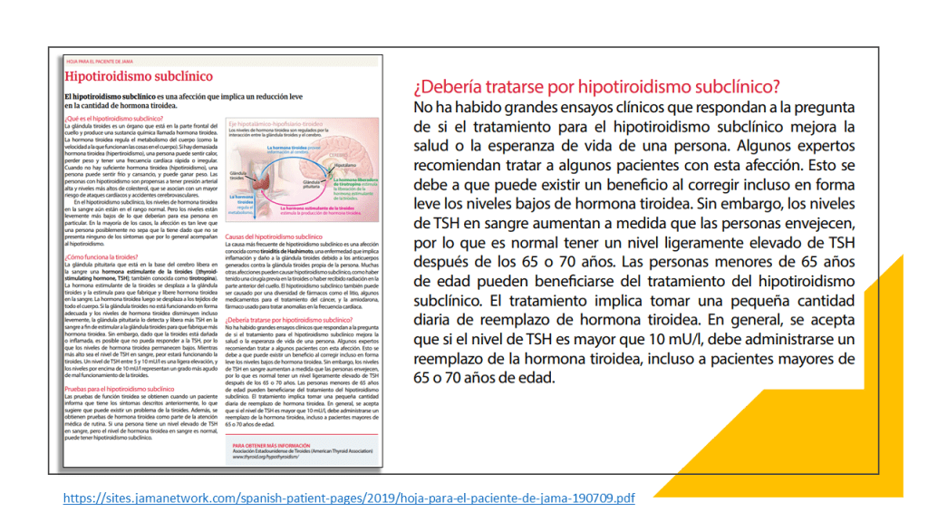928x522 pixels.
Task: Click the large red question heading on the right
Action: coord(596,87)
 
